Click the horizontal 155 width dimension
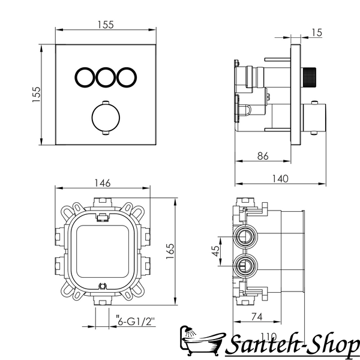(x=106, y=25)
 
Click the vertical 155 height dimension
(x=36, y=94)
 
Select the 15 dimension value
(x=317, y=32)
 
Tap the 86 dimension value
(x=263, y=156)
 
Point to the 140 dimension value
(x=280, y=179)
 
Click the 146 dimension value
(x=103, y=183)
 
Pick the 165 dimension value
(x=170, y=251)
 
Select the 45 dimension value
(x=216, y=251)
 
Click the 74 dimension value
(x=257, y=317)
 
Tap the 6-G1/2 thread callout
(x=136, y=322)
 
